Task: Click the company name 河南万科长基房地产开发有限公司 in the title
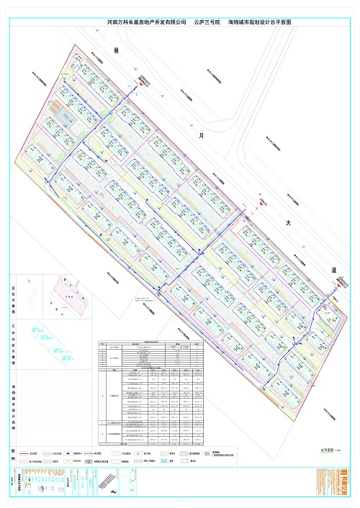[x=146, y=24]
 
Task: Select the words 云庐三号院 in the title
[x=207, y=24]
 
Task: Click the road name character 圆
[x=116, y=50]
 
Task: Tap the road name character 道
[x=334, y=269]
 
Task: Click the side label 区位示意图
[x=14, y=296]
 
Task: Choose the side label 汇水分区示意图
[x=14, y=349]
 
